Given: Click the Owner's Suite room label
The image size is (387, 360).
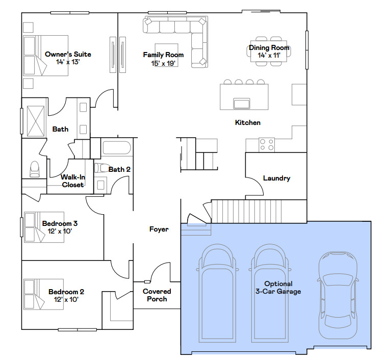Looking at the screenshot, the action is [x=68, y=54].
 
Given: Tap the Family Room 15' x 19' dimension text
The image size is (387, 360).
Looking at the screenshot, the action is [x=163, y=63].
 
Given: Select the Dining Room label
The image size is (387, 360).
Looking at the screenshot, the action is [x=269, y=47].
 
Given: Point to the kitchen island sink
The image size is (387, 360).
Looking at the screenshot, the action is [x=242, y=103].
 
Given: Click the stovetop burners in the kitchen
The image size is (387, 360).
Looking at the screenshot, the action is [x=267, y=145].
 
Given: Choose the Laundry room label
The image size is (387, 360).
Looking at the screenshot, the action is [x=277, y=178].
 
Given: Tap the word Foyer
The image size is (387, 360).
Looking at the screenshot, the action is [x=159, y=229].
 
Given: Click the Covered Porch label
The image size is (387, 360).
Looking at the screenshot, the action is [x=157, y=295].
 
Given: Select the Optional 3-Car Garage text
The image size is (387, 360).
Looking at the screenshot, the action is [x=278, y=288].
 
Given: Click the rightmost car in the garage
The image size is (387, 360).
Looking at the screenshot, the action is [x=338, y=295].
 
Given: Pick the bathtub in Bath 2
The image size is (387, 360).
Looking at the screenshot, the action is [x=116, y=148].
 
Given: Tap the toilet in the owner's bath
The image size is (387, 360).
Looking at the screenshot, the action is [x=34, y=169].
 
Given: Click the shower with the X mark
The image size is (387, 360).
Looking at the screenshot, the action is [x=36, y=121].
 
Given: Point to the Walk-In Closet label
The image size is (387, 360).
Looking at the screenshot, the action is [x=73, y=181].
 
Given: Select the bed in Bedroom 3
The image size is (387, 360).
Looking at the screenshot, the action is [x=44, y=227].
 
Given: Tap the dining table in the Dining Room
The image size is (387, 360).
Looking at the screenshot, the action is [x=269, y=51].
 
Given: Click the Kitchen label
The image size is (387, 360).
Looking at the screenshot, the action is [x=248, y=122].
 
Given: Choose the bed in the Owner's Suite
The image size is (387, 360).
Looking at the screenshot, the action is [x=46, y=56].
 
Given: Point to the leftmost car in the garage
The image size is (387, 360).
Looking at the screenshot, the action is [x=217, y=293].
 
